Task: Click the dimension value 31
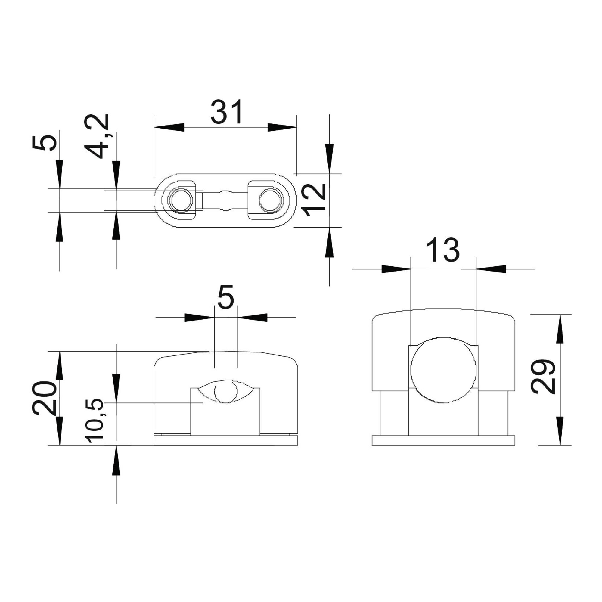[227, 112]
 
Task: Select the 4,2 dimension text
[97, 136]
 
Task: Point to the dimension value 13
[443, 250]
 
